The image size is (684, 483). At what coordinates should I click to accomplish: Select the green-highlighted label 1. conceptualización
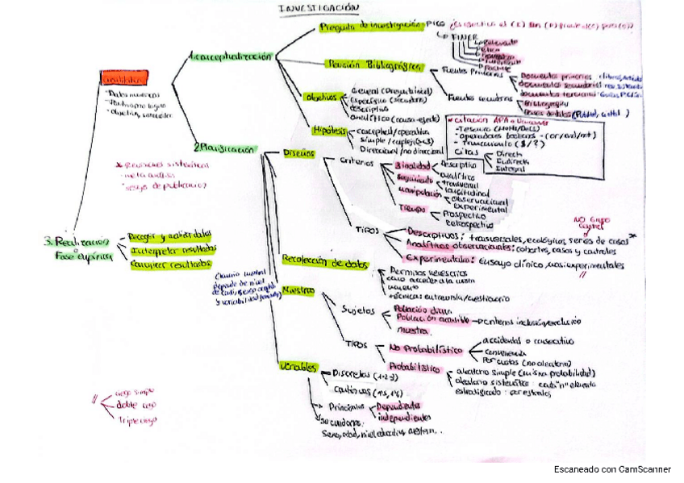230,56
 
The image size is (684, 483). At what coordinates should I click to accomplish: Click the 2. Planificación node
225,148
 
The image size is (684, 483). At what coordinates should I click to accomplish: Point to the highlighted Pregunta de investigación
370,26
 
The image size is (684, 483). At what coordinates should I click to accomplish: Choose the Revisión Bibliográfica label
375,64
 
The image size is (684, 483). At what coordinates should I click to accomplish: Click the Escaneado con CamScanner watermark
611,469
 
